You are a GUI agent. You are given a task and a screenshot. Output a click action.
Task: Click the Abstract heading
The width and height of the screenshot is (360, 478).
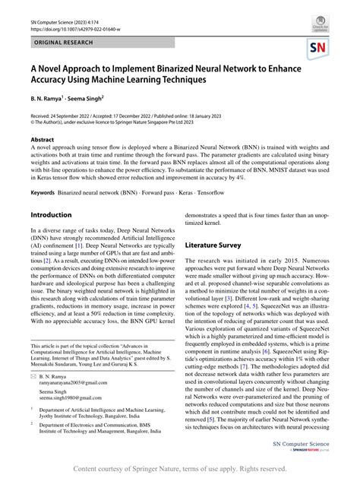pos(43,141)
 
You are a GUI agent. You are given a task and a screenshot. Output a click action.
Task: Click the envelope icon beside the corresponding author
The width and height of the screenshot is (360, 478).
pos(35,375)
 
